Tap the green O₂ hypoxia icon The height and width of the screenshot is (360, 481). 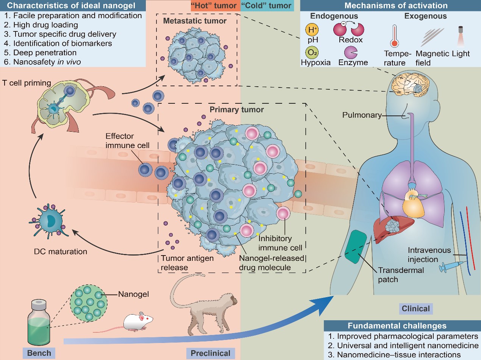312,52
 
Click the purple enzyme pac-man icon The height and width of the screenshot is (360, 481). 351,52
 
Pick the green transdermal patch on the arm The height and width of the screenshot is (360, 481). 356,246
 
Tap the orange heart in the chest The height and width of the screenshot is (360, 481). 412,205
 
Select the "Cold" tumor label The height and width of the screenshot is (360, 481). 266,6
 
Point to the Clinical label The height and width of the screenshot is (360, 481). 416,309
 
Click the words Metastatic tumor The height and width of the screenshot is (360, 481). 195,20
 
